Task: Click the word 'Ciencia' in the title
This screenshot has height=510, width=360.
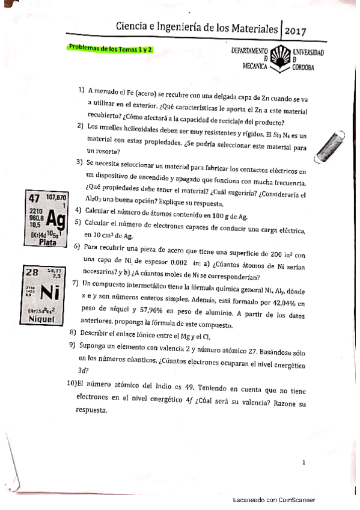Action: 133,28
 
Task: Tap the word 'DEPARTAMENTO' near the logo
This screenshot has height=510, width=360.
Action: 249,52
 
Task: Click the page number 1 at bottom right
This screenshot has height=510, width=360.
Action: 304,462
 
